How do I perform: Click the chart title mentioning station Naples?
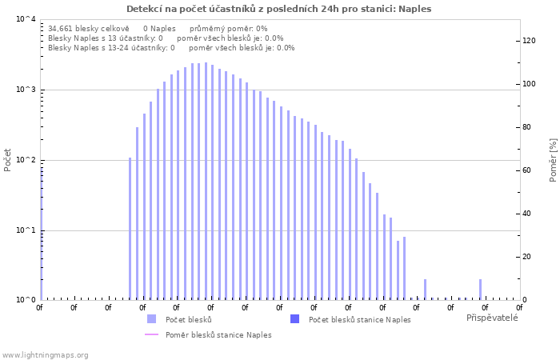pyautogui.click(x=278, y=9)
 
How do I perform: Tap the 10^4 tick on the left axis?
pyautogui.click(x=26, y=19)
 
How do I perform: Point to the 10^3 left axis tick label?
pyautogui.click(x=26, y=90)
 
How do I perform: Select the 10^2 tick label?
pyautogui.click(x=26, y=160)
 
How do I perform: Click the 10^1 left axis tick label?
pyautogui.click(x=26, y=230)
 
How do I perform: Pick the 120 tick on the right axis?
pyautogui.click(x=528, y=41)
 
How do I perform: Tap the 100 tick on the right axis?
pyautogui.click(x=528, y=84)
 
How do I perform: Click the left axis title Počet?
pyautogui.click(x=8, y=159)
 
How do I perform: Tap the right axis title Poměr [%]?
pyautogui.click(x=553, y=159)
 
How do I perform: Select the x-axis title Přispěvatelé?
pyautogui.click(x=492, y=318)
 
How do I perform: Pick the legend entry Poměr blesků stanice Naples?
pyautogui.click(x=218, y=334)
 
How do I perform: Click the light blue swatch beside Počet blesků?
pyautogui.click(x=151, y=319)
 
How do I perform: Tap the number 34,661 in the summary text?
pyautogui.click(x=62, y=28)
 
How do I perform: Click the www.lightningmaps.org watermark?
pyautogui.click(x=45, y=354)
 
